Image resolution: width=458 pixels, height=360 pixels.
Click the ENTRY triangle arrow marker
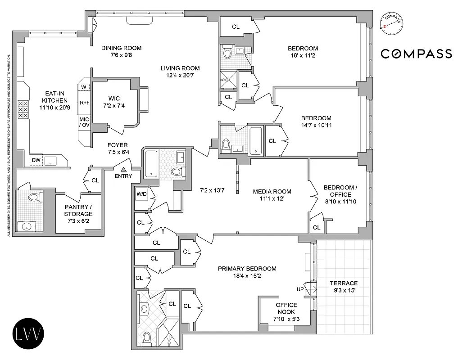(x=123, y=169)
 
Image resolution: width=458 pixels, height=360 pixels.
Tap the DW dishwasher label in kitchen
(x=36, y=160)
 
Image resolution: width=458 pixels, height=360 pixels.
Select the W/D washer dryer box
(x=141, y=194)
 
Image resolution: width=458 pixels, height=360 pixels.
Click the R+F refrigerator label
(x=84, y=103)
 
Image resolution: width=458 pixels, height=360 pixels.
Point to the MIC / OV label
(x=84, y=122)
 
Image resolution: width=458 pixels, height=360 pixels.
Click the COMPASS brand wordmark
(x=416, y=54)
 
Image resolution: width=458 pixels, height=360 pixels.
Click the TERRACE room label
(x=343, y=283)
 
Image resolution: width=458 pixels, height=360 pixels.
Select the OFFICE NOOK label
(x=286, y=308)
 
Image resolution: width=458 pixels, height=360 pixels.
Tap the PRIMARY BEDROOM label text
(x=247, y=269)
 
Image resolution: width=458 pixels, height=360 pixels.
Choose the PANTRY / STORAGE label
(x=78, y=211)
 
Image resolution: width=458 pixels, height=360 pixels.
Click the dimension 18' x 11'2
(x=303, y=57)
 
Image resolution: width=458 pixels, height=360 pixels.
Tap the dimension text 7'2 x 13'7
(x=212, y=191)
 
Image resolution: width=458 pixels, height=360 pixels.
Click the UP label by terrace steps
(x=300, y=289)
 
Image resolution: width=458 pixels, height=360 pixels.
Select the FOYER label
(x=117, y=145)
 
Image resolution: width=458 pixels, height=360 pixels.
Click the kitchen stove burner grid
(x=23, y=109)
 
